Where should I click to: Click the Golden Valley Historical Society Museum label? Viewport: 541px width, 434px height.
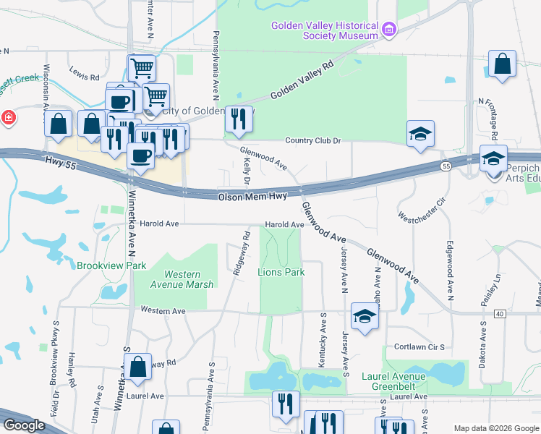(x=325, y=30)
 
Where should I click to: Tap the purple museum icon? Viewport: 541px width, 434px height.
(x=390, y=30)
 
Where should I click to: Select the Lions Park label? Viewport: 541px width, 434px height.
(x=281, y=272)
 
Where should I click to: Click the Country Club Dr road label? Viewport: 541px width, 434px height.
(x=312, y=140)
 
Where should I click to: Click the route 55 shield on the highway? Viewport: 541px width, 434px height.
(x=446, y=166)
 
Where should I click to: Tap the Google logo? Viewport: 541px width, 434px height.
(x=24, y=425)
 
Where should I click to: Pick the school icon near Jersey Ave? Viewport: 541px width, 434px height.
(x=365, y=315)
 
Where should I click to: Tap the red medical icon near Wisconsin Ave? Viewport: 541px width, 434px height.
(x=7, y=118)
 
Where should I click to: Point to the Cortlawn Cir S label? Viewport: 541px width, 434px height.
(x=419, y=346)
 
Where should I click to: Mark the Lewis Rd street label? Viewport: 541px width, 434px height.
(x=84, y=76)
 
